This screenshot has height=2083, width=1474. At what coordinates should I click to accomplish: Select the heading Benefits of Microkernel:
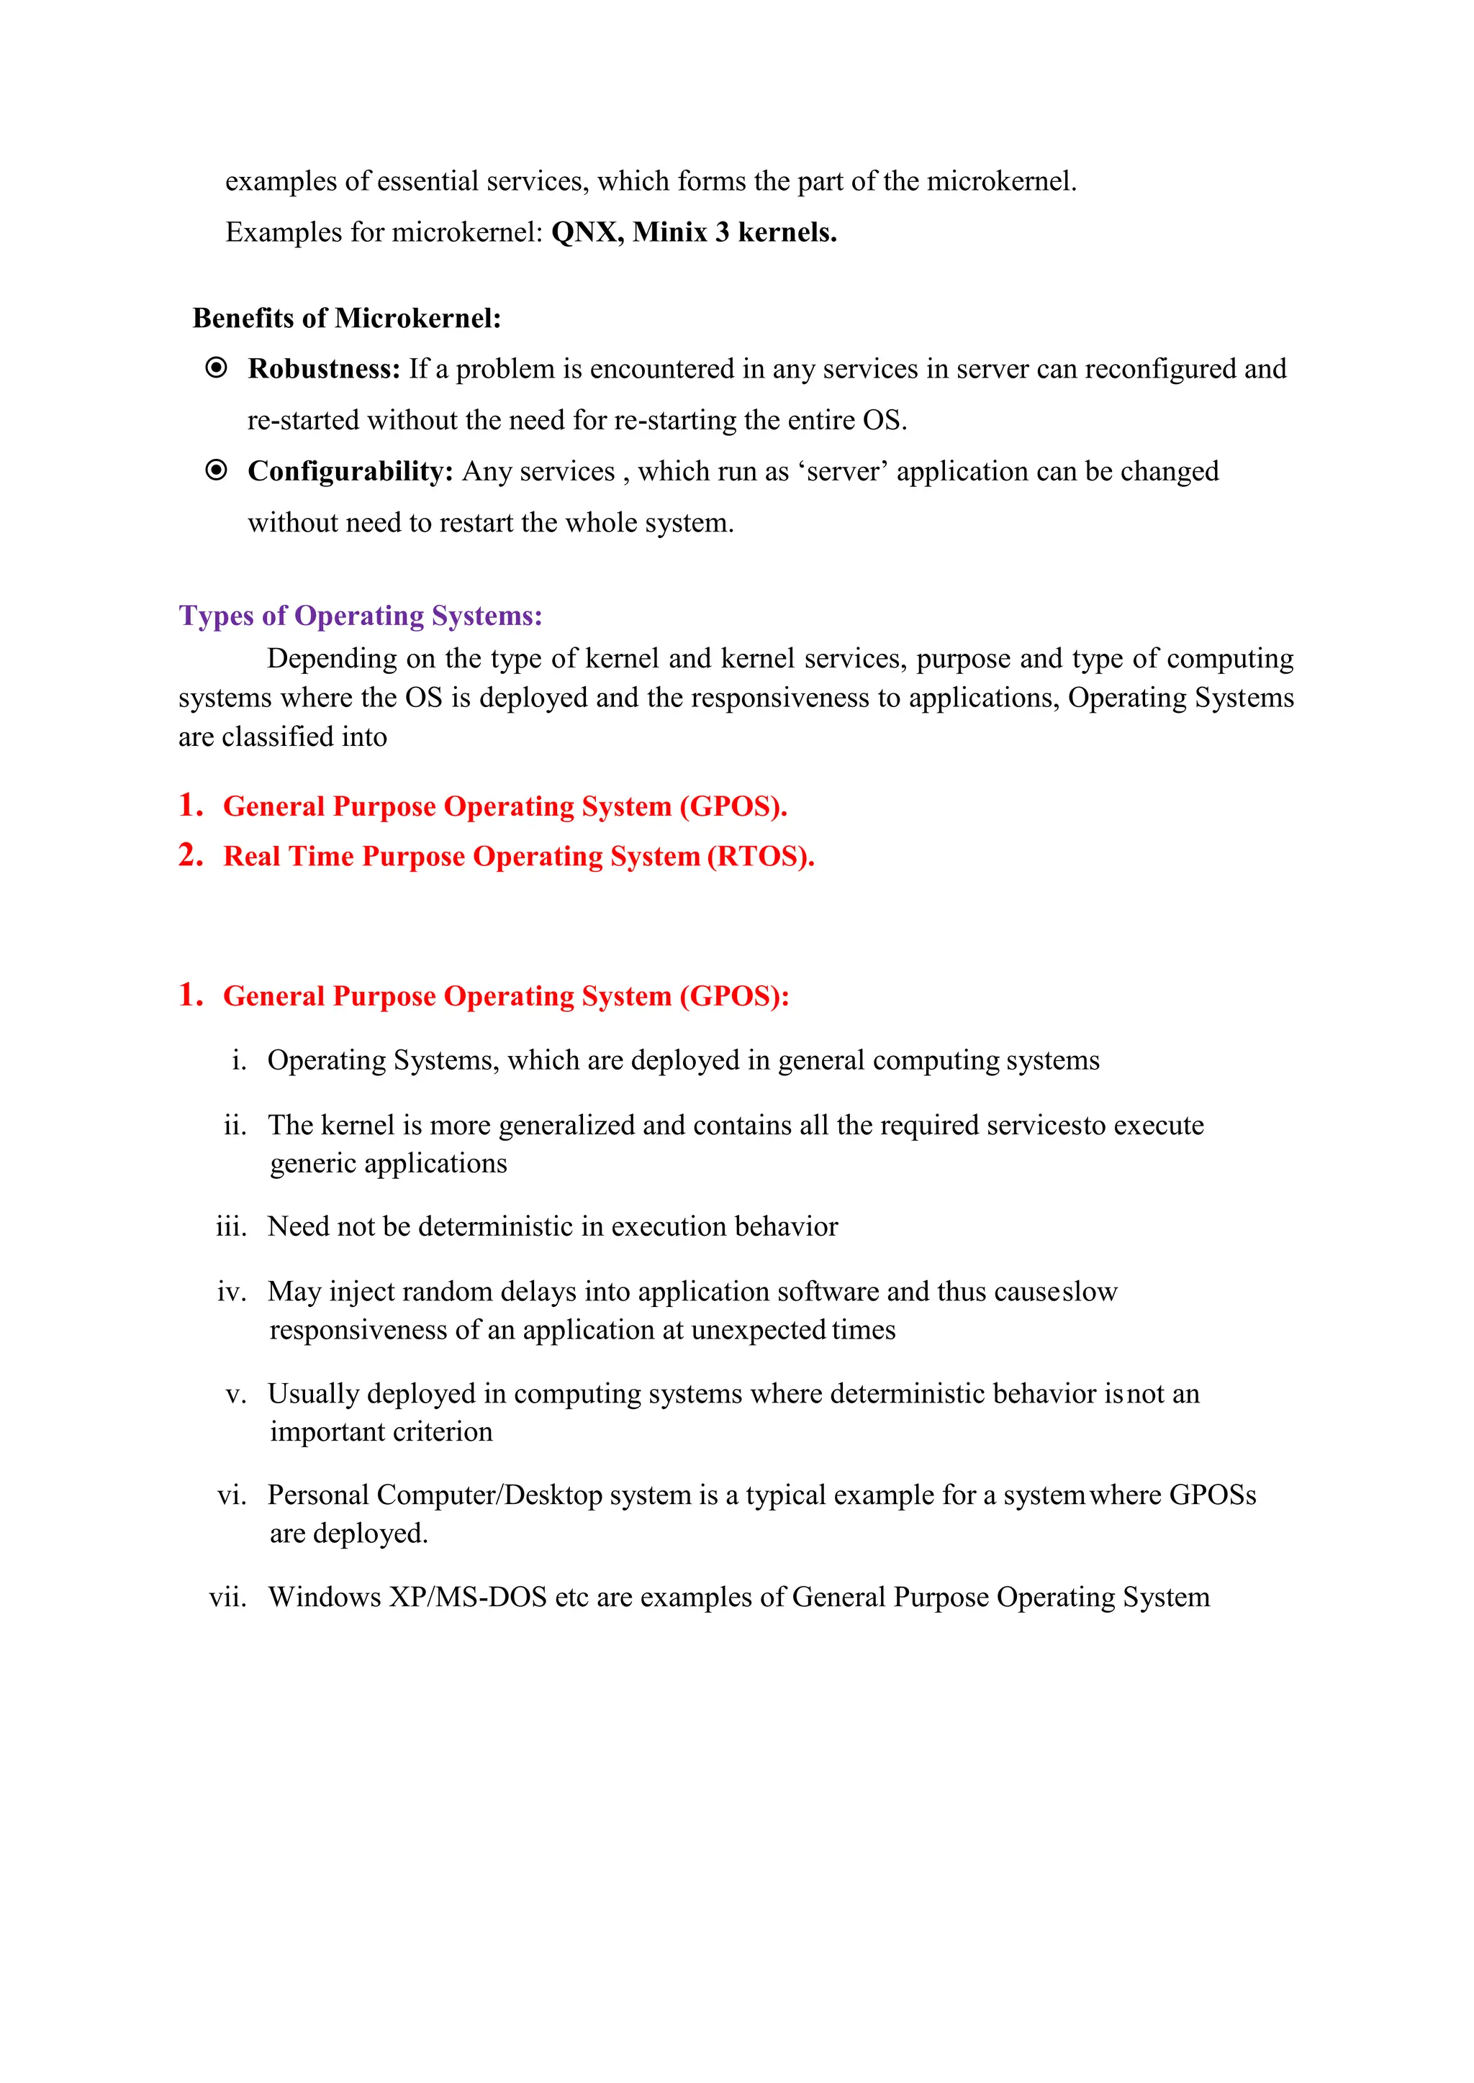347,319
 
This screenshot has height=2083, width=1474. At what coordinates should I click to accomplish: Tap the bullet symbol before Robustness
216,368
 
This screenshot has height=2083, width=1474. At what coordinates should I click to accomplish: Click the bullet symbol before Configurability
216,471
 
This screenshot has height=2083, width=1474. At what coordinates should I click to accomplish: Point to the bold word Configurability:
351,472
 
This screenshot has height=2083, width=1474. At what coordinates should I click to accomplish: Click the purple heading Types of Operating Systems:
361,616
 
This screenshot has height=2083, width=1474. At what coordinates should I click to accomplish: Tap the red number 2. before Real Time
191,855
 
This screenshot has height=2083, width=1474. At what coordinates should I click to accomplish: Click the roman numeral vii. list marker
228,1597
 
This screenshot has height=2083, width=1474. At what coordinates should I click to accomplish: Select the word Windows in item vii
324,1597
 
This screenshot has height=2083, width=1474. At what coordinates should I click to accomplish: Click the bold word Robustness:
324,369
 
